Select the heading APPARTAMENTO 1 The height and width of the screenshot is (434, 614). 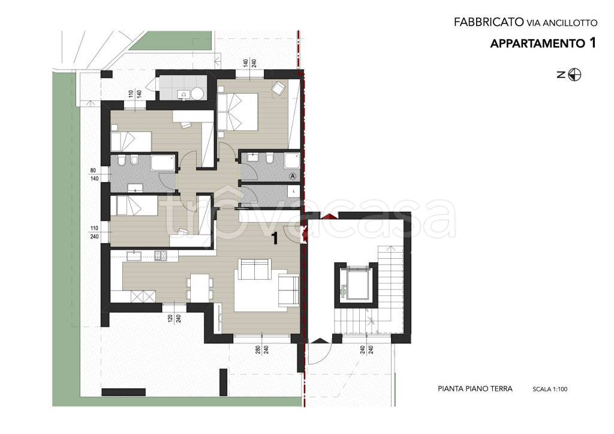coord(543,43)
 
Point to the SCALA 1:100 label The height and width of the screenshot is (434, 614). coord(550,390)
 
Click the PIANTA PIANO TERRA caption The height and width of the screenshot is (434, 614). coord(475,389)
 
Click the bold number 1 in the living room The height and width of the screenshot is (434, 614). coord(275,238)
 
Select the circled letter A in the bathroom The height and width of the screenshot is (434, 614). coord(292,176)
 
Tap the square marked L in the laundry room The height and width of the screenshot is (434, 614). coord(294,191)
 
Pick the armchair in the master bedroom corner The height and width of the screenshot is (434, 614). coord(279,88)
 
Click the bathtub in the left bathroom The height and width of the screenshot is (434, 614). coord(163,162)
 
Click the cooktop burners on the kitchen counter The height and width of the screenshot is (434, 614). coord(161,256)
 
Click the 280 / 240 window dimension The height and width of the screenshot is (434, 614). coord(262,349)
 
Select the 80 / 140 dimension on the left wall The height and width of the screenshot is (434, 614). coord(94,175)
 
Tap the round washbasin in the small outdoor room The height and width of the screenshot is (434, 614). coord(197,93)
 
